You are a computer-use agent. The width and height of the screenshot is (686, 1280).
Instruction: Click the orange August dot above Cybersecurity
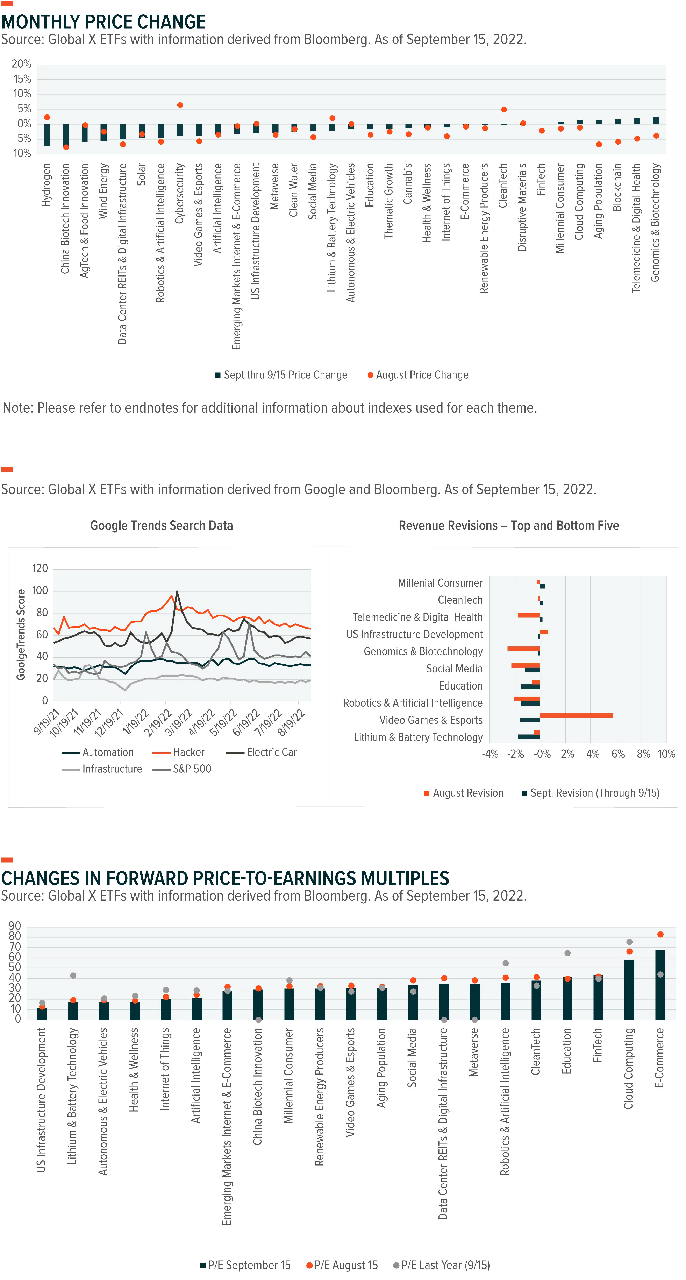[180, 105]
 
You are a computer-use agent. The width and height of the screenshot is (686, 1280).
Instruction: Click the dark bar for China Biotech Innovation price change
[66, 135]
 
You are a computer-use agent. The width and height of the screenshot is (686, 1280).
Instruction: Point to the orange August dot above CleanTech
[504, 109]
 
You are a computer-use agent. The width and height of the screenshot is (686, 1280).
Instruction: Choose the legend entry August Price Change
[418, 375]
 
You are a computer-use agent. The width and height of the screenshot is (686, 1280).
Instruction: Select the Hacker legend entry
[179, 752]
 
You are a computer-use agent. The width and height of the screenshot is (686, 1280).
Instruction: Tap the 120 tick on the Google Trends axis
[40, 568]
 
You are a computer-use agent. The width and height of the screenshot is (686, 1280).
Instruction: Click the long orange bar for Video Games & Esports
[576, 715]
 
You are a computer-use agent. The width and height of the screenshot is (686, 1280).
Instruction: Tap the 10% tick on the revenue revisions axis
[666, 754]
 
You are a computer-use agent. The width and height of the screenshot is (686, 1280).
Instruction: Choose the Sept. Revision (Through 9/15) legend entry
[591, 793]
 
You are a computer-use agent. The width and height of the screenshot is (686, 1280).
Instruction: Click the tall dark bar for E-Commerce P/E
[660, 985]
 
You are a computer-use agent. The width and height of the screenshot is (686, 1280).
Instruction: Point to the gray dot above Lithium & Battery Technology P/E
[73, 975]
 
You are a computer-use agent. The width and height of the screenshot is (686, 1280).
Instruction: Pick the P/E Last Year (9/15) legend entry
[442, 1265]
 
